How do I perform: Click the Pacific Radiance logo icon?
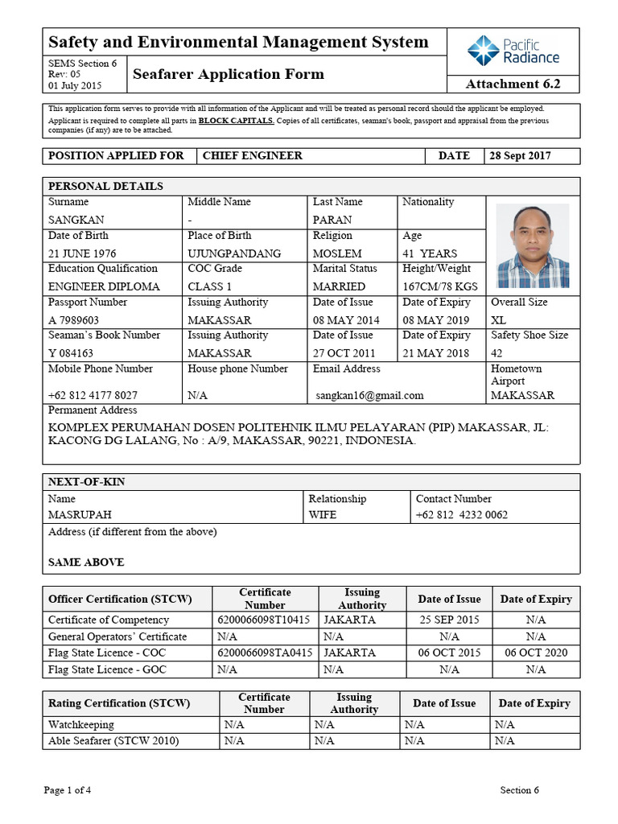coord(484,50)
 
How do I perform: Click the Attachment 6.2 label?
coord(513,84)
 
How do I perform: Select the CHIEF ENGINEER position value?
coord(252,155)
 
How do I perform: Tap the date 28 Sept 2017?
coord(520,155)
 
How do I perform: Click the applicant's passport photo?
coord(532,245)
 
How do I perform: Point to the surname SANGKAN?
coord(76,220)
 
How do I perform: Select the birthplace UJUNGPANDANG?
coord(234,253)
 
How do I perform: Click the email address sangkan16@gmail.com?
coord(369,395)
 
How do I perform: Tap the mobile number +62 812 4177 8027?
coord(93,395)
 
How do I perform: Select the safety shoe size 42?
coord(498,353)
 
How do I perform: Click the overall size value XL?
coord(499,320)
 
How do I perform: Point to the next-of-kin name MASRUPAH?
coord(80,515)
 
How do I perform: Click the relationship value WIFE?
coord(323,515)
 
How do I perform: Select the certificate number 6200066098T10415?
coord(264,620)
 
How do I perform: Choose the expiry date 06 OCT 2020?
coord(536,653)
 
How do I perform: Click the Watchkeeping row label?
coord(81,725)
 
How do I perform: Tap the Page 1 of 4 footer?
coord(68,789)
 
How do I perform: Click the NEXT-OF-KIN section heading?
coord(87,482)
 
